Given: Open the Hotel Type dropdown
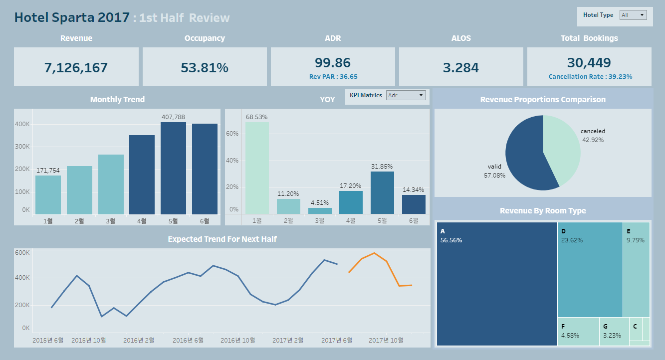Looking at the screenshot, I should click(633, 15).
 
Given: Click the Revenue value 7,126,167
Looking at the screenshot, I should click(76, 68).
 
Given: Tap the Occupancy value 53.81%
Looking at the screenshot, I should click(205, 68).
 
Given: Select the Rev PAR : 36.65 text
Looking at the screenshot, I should click(333, 77).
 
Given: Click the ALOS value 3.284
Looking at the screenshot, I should click(461, 68).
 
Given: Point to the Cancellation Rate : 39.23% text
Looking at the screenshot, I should click(590, 77).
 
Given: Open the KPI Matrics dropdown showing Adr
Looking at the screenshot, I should click(406, 95).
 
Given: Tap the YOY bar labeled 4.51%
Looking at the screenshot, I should click(320, 211).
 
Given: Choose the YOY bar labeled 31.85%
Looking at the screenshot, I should click(383, 192).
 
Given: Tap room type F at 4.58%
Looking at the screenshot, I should click(578, 332).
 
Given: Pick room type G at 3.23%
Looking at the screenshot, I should click(614, 332).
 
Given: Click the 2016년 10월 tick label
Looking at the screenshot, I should click(237, 341).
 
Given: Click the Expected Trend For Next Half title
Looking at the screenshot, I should click(222, 239).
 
